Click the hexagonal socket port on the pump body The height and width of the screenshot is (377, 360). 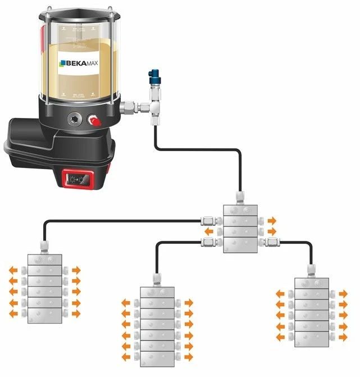pos(75,119)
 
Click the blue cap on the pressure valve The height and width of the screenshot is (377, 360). pos(153,74)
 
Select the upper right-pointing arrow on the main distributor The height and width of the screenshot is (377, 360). pos(272,220)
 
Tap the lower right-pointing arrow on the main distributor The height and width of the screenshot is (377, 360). pos(272,230)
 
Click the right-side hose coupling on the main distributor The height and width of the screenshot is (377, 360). pos(272,242)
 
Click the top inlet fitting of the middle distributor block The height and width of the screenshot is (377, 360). pos(156,278)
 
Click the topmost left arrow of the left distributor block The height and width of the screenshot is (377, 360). pos(13,270)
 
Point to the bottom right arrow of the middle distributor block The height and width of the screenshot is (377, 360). pos(188,356)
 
